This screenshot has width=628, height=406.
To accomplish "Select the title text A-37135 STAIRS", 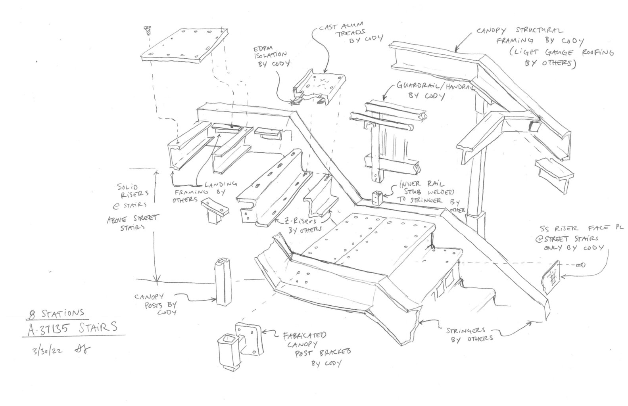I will [x=72, y=327].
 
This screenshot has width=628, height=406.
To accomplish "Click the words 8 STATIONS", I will [x=54, y=313].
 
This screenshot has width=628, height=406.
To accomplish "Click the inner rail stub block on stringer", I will [x=376, y=197].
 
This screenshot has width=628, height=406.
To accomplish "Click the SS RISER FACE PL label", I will [x=571, y=238].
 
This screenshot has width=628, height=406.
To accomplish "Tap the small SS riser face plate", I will [x=551, y=278].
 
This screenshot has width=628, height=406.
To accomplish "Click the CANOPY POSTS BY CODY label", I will [x=155, y=303].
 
